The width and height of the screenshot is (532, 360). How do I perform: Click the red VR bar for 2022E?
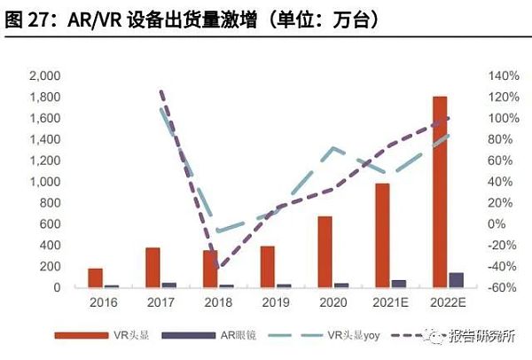pos(440,192)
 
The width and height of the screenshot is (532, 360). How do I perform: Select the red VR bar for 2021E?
pos(383,235)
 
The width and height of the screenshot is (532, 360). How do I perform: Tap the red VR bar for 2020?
pos(326,252)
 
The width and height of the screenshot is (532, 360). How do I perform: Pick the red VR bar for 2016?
pos(96,278)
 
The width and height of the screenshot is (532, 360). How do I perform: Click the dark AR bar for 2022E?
pos(456,280)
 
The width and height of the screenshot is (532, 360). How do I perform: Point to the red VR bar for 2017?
pos(153,268)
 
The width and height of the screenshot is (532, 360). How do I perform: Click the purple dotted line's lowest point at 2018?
pos(216,267)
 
